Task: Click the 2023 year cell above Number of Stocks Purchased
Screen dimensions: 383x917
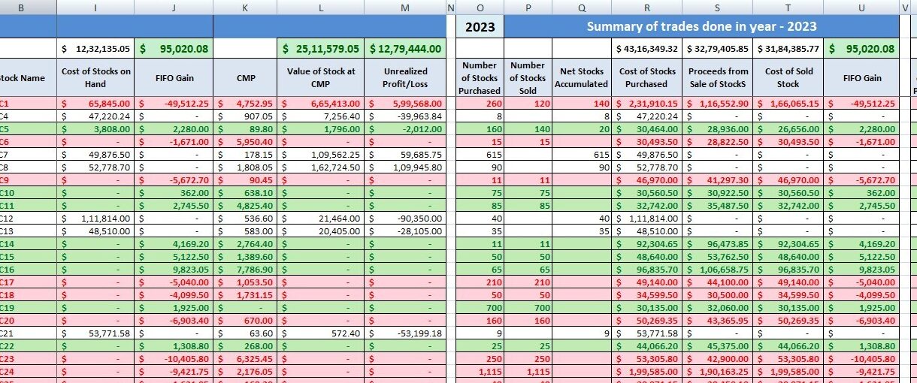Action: click(x=480, y=27)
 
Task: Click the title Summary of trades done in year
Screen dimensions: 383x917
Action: click(x=701, y=27)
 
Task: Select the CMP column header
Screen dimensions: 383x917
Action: click(x=244, y=77)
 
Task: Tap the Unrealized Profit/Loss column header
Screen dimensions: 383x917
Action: click(x=405, y=77)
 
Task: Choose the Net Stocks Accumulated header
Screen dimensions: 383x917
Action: click(x=581, y=78)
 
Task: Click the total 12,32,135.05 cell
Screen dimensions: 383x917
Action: click(x=95, y=49)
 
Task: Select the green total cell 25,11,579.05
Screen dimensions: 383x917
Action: click(x=321, y=49)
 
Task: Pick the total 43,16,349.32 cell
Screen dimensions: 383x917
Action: click(x=646, y=49)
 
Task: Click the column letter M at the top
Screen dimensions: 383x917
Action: click(x=405, y=8)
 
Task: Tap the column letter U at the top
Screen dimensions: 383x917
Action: click(x=861, y=8)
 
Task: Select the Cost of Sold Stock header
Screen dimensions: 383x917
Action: click(x=788, y=78)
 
